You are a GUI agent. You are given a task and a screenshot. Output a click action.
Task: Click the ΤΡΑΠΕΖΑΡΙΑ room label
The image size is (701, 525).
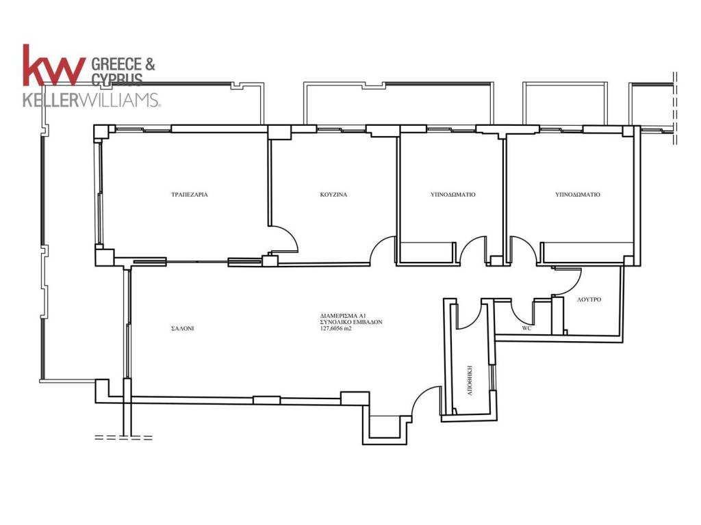[190, 195]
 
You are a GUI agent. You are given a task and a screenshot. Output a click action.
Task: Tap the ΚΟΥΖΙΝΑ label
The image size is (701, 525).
[333, 195]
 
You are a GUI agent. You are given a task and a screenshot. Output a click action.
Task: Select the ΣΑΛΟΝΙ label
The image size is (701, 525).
[182, 329]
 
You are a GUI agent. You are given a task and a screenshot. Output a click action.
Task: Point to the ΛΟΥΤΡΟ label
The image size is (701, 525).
[589, 299]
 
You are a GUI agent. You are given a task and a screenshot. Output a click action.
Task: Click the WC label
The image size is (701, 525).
[526, 328]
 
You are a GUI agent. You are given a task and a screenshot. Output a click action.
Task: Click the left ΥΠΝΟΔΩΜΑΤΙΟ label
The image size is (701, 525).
[453, 195]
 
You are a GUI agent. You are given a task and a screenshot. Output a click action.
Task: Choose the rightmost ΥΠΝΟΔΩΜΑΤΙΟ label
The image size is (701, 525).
[578, 195]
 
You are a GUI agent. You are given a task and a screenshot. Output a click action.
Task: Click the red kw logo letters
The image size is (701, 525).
[53, 65]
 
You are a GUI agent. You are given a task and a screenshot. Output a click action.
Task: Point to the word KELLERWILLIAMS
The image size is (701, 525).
[91, 100]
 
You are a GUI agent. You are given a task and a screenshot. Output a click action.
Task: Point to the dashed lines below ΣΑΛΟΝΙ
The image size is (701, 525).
[123, 437]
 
